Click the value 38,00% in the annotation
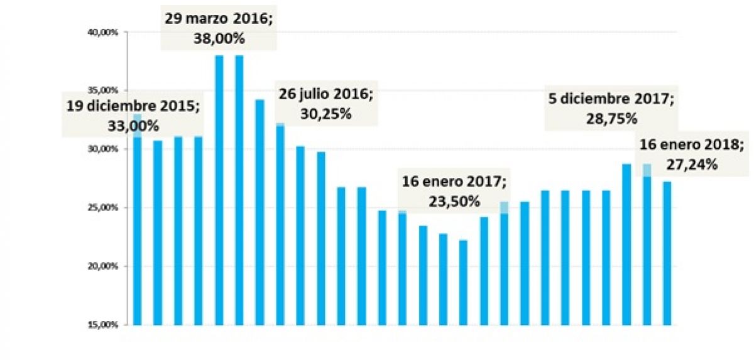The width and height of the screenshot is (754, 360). pos(219,39)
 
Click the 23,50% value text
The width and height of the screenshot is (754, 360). pos(455,201)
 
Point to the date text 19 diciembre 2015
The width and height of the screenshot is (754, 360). pos(133,106)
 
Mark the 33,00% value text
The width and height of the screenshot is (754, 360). pos(134,126)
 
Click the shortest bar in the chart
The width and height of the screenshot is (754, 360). pos(464,283)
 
